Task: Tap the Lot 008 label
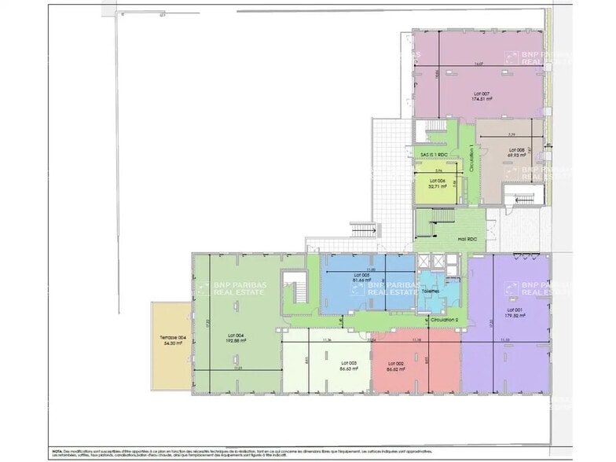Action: [x=515, y=149]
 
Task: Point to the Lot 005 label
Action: [x=361, y=274]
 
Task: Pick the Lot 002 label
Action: [x=395, y=363]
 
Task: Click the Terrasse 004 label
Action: [x=172, y=338]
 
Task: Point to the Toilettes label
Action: [x=431, y=290]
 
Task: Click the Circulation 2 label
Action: [x=445, y=320]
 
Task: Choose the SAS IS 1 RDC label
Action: [x=433, y=155]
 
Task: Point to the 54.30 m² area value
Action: [x=172, y=344]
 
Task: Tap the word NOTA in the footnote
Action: [x=57, y=451]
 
